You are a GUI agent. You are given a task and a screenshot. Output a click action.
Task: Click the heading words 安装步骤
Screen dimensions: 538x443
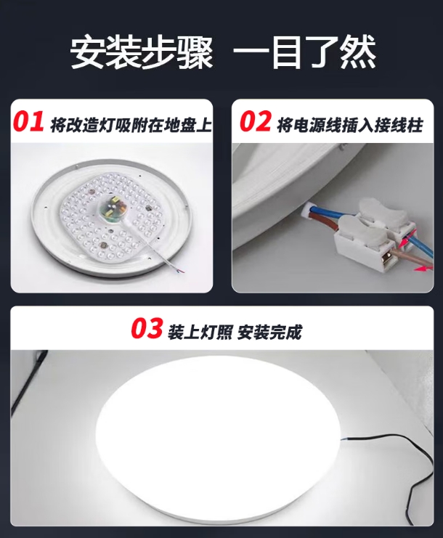click(142, 52)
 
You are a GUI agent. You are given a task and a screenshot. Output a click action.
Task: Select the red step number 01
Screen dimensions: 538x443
click(29, 123)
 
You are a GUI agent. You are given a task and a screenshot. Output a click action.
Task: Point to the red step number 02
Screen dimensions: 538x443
click(254, 123)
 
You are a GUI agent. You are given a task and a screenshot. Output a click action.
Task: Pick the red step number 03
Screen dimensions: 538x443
click(147, 330)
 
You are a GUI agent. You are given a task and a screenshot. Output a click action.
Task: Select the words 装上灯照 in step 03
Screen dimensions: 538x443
click(194, 333)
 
